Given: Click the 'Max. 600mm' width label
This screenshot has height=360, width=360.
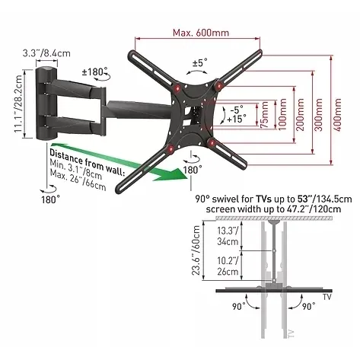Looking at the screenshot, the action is tap(201, 33).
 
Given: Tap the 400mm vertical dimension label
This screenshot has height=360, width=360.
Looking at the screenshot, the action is tap(338, 115).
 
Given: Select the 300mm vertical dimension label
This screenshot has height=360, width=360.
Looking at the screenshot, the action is tap(318, 115).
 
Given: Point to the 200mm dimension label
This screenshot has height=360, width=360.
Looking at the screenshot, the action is tap(301, 114).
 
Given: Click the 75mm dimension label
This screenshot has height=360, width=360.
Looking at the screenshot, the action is tap(265, 115).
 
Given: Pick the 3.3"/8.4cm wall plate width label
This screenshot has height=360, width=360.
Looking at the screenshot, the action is tap(46, 53).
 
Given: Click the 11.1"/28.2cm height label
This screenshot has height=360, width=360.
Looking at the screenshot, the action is tap(18, 104).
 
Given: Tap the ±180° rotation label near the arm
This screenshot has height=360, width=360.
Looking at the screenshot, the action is tap(94, 72).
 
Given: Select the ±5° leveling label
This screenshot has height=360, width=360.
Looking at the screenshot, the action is tap(200, 62).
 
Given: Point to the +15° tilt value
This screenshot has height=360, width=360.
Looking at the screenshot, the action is tap(236, 119).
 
